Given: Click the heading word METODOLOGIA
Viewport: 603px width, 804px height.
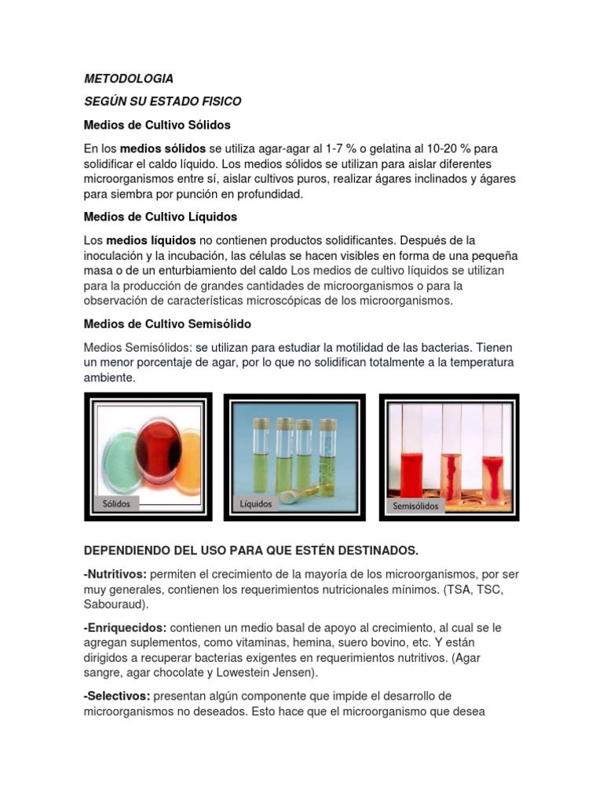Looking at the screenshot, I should [x=129, y=79].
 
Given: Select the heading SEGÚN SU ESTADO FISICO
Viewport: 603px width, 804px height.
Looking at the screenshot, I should [x=163, y=101].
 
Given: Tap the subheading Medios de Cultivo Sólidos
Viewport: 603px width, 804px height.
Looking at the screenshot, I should [x=157, y=125].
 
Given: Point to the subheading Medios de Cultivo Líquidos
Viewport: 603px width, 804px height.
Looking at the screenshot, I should [x=160, y=216].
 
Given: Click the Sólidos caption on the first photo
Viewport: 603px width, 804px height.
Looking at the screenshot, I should [x=116, y=503].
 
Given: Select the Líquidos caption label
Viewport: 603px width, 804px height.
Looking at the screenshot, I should [x=256, y=503].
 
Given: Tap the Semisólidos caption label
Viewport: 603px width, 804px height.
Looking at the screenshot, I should [x=415, y=506].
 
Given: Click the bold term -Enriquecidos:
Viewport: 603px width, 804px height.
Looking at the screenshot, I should [x=125, y=627].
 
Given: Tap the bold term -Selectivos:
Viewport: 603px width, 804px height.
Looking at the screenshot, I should [x=117, y=696].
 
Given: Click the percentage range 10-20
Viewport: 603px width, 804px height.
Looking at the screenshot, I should [x=449, y=148].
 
